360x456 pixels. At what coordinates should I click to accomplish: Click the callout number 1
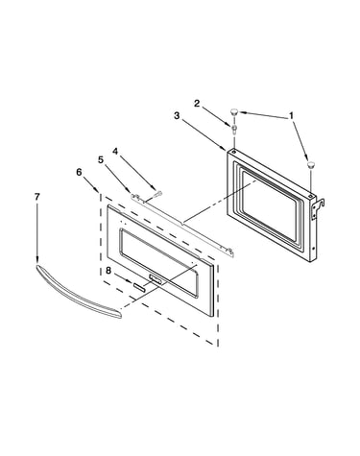coord(291,116)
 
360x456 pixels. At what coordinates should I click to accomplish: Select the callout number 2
coord(197,103)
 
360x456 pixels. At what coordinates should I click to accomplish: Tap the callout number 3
coord(177,115)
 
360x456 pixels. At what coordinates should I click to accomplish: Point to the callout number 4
coord(115,151)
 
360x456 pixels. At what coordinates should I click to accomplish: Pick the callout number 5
coord(101,159)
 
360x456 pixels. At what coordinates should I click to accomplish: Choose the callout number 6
coord(79,172)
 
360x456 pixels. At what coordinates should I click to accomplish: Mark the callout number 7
coord(37,197)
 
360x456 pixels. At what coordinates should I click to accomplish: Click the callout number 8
coord(108,271)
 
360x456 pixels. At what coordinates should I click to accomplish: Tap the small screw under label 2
coord(234,129)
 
